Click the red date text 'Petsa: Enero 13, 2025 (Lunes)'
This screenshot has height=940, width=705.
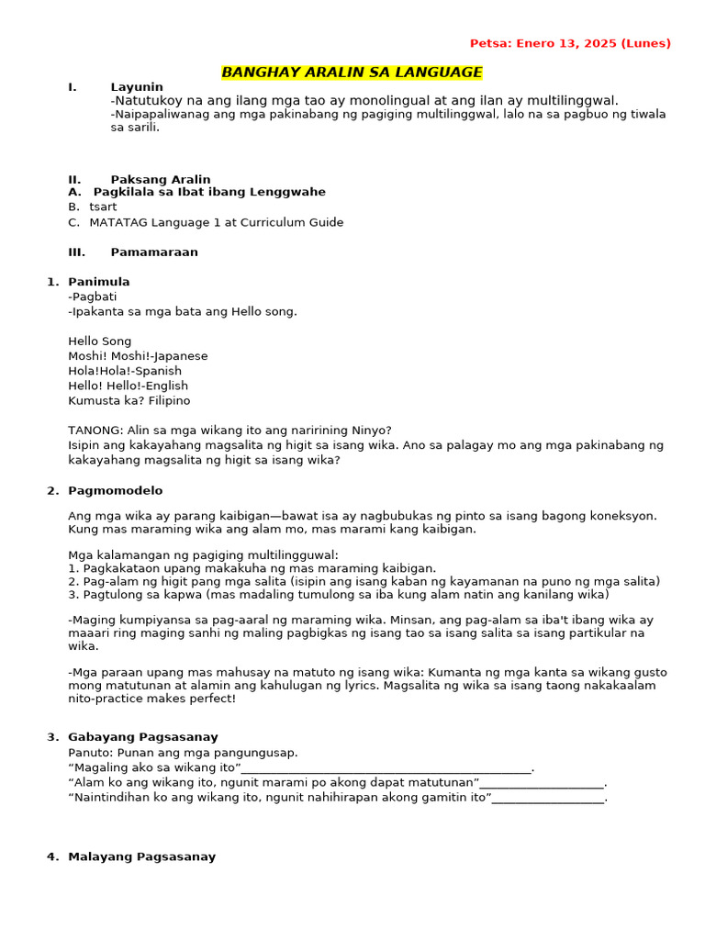click(x=570, y=43)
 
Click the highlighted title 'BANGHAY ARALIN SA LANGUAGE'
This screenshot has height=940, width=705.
click(x=352, y=73)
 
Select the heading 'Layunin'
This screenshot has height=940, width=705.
click(x=137, y=87)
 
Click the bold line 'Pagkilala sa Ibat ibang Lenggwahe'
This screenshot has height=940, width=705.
click(x=209, y=192)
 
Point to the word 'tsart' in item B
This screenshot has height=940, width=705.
click(x=103, y=207)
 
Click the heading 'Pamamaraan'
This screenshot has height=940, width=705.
click(x=154, y=252)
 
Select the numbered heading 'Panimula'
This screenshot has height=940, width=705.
click(x=99, y=282)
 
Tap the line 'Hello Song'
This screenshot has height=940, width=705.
click(x=100, y=341)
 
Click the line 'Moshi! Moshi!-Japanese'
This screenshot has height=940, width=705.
click(x=138, y=356)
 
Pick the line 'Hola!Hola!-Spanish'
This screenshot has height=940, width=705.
click(x=125, y=371)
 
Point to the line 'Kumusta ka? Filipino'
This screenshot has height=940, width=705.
click(x=129, y=401)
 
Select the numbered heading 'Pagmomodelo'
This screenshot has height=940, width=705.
click(x=115, y=491)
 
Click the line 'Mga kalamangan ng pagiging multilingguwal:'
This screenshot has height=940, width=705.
click(x=203, y=555)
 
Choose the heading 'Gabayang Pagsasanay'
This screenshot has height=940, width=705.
click(x=143, y=737)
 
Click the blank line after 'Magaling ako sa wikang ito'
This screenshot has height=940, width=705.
click(x=386, y=768)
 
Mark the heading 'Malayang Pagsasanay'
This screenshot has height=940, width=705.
click(x=141, y=857)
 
